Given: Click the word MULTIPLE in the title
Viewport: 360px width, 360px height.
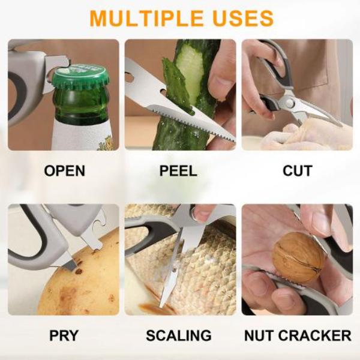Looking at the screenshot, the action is tap(146, 18).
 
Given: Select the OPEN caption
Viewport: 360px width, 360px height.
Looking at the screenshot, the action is tap(65, 170).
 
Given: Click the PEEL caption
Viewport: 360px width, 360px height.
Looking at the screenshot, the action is tap(178, 170).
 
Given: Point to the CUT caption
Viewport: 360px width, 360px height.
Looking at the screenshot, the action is tap(298, 170).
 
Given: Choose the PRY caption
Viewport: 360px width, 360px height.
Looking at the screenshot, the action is tap(64, 335).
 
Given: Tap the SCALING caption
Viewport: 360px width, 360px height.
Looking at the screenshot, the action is tap(179, 335).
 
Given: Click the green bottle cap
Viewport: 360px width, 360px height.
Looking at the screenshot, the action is tap(80, 76).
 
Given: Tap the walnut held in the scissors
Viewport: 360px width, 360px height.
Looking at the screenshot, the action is tap(298, 257).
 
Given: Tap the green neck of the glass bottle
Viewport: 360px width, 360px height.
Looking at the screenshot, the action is tap(81, 106).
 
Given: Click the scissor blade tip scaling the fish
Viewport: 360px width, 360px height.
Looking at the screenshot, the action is tap(161, 305).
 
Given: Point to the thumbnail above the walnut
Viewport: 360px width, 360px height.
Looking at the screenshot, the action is tap(322, 221).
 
